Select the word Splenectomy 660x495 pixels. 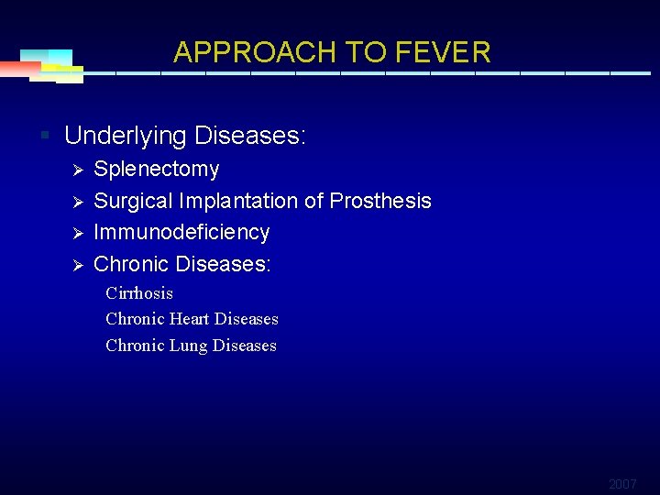point(157,170)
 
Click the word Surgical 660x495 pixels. point(134,201)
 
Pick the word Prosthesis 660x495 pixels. point(380,201)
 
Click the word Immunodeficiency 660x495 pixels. point(181,232)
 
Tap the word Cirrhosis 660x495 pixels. point(139,293)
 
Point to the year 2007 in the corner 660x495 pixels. point(622,483)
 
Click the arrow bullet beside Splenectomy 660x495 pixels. point(78,170)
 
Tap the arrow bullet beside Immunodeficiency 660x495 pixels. point(78,233)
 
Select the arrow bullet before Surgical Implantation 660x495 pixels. point(78,202)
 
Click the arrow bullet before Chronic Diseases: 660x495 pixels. point(78,265)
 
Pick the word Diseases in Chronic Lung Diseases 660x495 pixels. point(244,346)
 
